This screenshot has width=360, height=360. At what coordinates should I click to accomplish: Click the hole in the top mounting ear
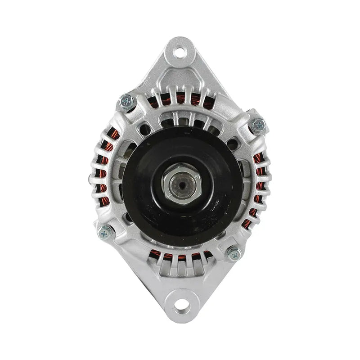[x=180, y=51]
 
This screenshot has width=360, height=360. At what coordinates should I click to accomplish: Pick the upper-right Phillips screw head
[x=257, y=125]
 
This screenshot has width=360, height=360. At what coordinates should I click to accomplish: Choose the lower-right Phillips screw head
[x=234, y=254]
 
